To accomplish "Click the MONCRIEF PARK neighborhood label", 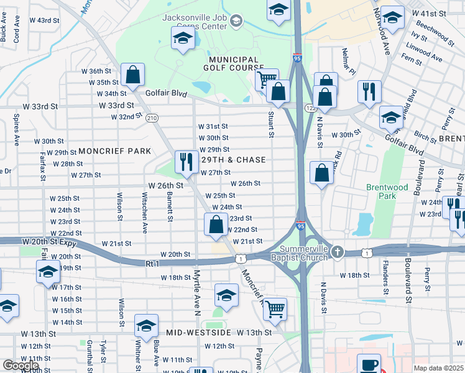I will [x=114, y=151].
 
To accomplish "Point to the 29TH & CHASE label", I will [x=233, y=160].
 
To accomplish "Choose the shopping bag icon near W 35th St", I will [x=133, y=75].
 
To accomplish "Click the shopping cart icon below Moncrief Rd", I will [x=275, y=309].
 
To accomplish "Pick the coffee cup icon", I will [x=371, y=364].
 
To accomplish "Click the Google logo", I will [x=21, y=366].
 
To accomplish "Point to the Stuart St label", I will [x=271, y=124].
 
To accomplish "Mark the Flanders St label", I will [x=385, y=281].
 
